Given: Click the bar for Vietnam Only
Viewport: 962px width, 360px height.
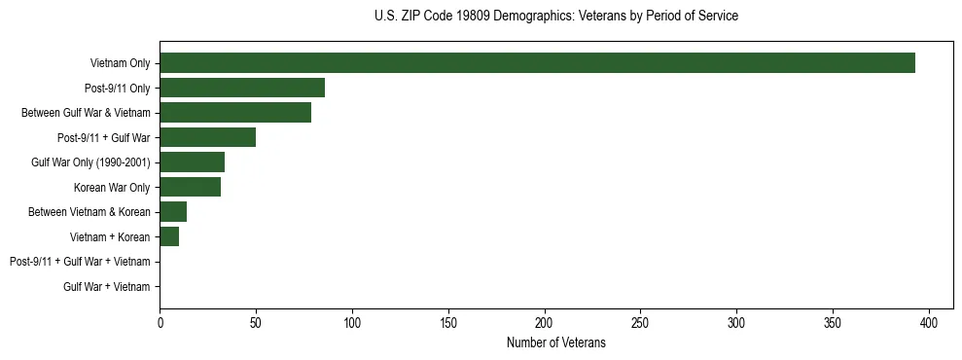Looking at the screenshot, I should (x=537, y=63).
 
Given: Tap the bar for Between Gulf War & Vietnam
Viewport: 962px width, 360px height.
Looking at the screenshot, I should (x=235, y=113).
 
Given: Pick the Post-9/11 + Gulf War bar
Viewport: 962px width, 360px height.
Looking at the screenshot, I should (x=207, y=137).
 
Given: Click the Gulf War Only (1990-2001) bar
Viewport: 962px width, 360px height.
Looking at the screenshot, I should (x=192, y=162).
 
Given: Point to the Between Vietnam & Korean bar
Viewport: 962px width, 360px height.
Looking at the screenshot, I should (x=173, y=212).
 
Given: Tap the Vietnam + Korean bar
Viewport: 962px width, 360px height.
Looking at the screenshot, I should (x=169, y=236).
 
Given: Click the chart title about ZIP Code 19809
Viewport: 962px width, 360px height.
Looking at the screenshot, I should (x=555, y=17).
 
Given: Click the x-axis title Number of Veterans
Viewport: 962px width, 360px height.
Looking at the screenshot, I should (x=555, y=343).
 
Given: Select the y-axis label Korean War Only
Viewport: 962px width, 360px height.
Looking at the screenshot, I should (x=112, y=187).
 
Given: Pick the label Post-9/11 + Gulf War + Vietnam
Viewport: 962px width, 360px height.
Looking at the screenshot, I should (x=80, y=262).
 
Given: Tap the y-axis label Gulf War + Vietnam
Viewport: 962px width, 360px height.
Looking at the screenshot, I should (x=107, y=286).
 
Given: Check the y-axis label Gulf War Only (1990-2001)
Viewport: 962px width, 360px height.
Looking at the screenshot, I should (x=91, y=162).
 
